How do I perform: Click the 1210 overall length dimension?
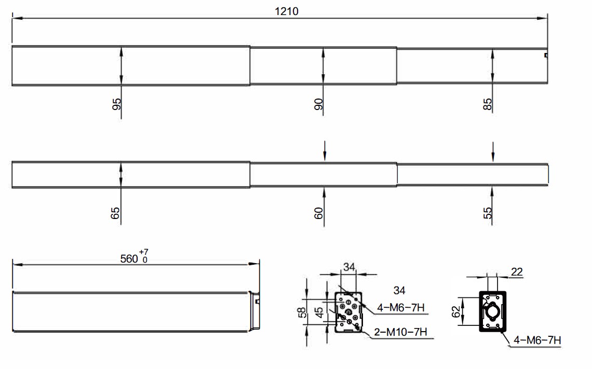pyautogui.click(x=287, y=11)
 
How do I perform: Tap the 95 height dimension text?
pyautogui.click(x=117, y=104)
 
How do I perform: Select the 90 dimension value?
pyautogui.click(x=319, y=104)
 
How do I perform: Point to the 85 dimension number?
pyautogui.click(x=488, y=104)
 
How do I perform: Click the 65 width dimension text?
pyautogui.click(x=115, y=213)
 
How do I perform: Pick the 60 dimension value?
pyautogui.click(x=319, y=213)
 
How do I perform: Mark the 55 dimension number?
pyautogui.click(x=488, y=213)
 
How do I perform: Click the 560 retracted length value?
pyautogui.click(x=129, y=259)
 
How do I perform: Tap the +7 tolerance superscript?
pyautogui.click(x=143, y=252)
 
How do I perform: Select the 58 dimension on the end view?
pyautogui.click(x=302, y=312)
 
